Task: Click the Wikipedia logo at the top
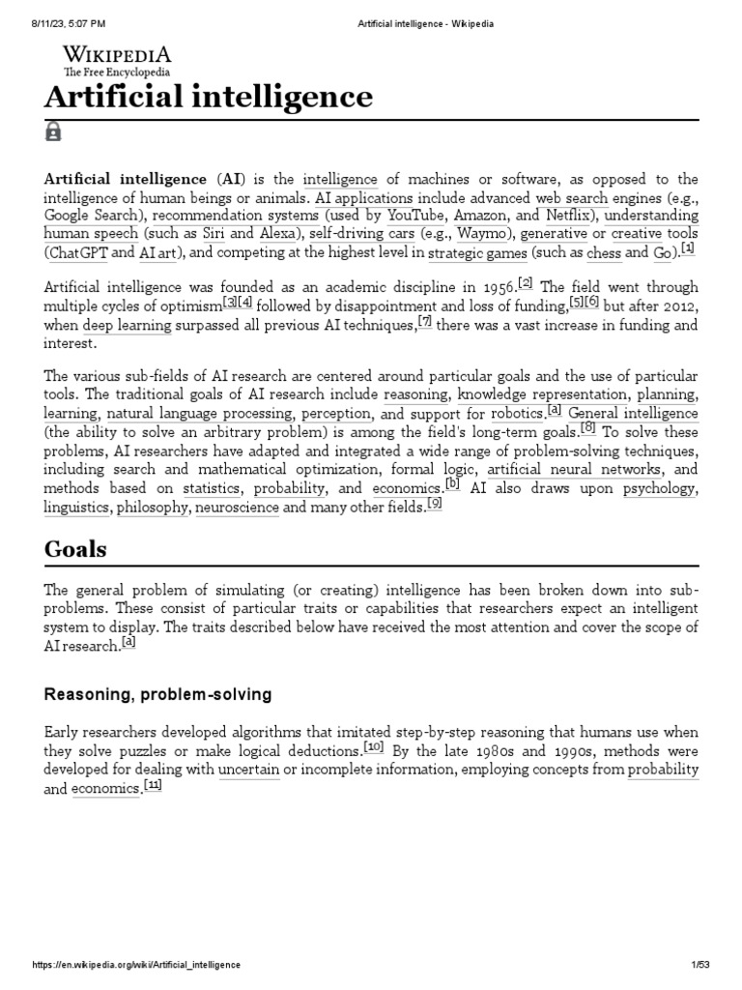(117, 60)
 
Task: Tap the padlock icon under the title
(53, 131)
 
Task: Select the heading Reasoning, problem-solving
(157, 694)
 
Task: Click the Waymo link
(481, 234)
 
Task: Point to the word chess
(605, 252)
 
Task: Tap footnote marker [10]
(374, 747)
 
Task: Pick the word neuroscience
(238, 507)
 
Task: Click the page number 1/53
(701, 965)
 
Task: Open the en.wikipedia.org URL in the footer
(136, 965)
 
